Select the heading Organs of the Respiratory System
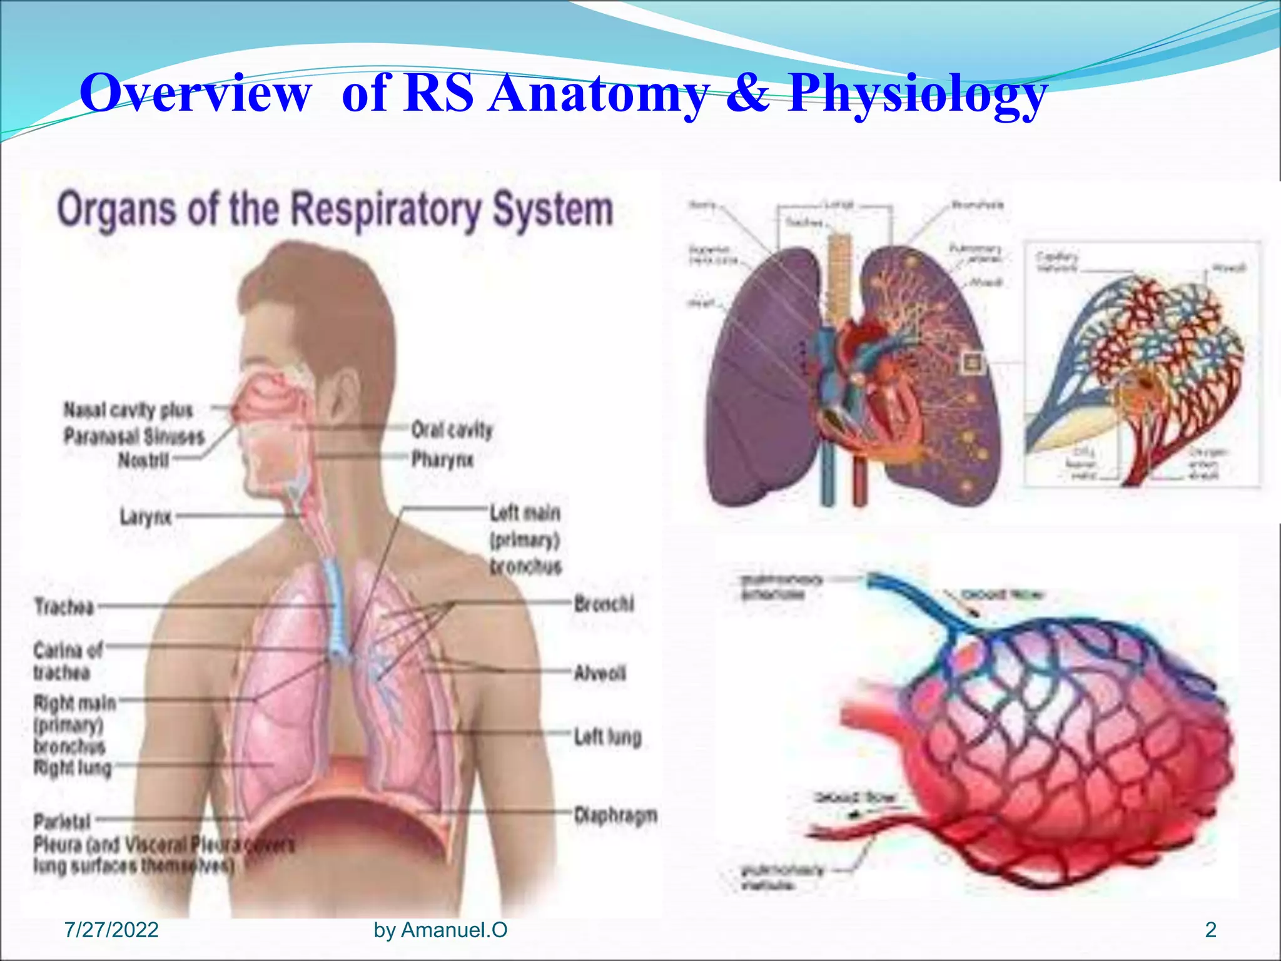click(335, 209)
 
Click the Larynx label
click(146, 517)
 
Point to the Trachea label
click(64, 606)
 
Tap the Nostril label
click(143, 460)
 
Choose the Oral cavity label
click(452, 430)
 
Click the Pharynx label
click(442, 460)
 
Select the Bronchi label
click(604, 604)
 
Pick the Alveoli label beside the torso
click(599, 673)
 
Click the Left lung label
click(607, 737)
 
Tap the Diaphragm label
click(615, 815)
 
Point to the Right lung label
click(73, 767)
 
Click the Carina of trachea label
click(67, 661)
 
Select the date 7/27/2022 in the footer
click(111, 930)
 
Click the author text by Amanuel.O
click(440, 930)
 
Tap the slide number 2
click(1210, 930)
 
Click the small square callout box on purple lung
click(973, 362)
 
